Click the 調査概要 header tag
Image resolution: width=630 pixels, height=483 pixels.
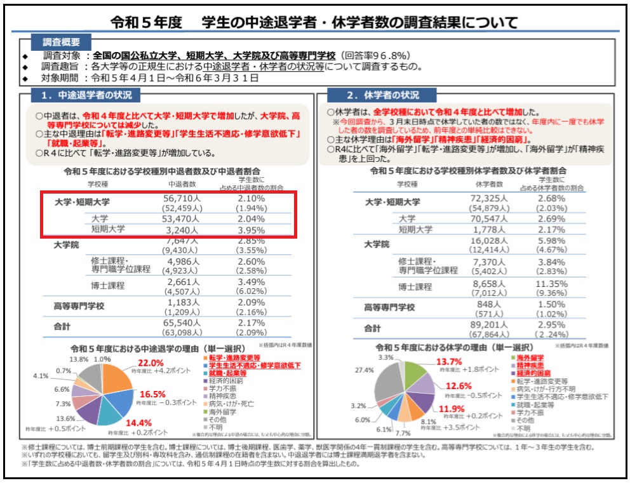pyautogui.click(x=62, y=42)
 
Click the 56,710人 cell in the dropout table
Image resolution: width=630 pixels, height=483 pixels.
pyautogui.click(x=184, y=198)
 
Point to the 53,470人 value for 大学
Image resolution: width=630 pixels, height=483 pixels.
pyautogui.click(x=184, y=219)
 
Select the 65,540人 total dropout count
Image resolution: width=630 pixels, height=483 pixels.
pyautogui.click(x=184, y=322)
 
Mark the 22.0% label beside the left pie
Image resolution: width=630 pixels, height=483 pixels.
pyautogui.click(x=159, y=362)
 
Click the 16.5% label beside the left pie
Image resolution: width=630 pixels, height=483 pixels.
pyautogui.click(x=152, y=394)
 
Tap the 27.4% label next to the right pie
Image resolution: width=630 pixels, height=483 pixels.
pyautogui.click(x=365, y=370)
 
